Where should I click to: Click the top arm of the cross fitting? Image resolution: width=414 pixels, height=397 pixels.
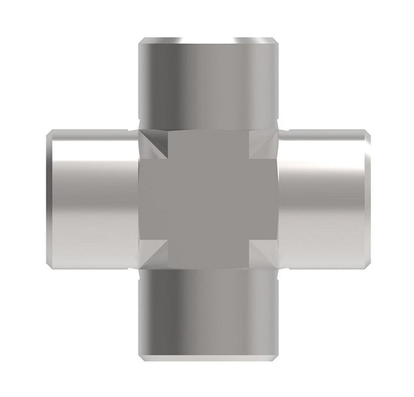[208, 81]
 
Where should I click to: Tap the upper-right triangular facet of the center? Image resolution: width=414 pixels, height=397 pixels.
[264, 144]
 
